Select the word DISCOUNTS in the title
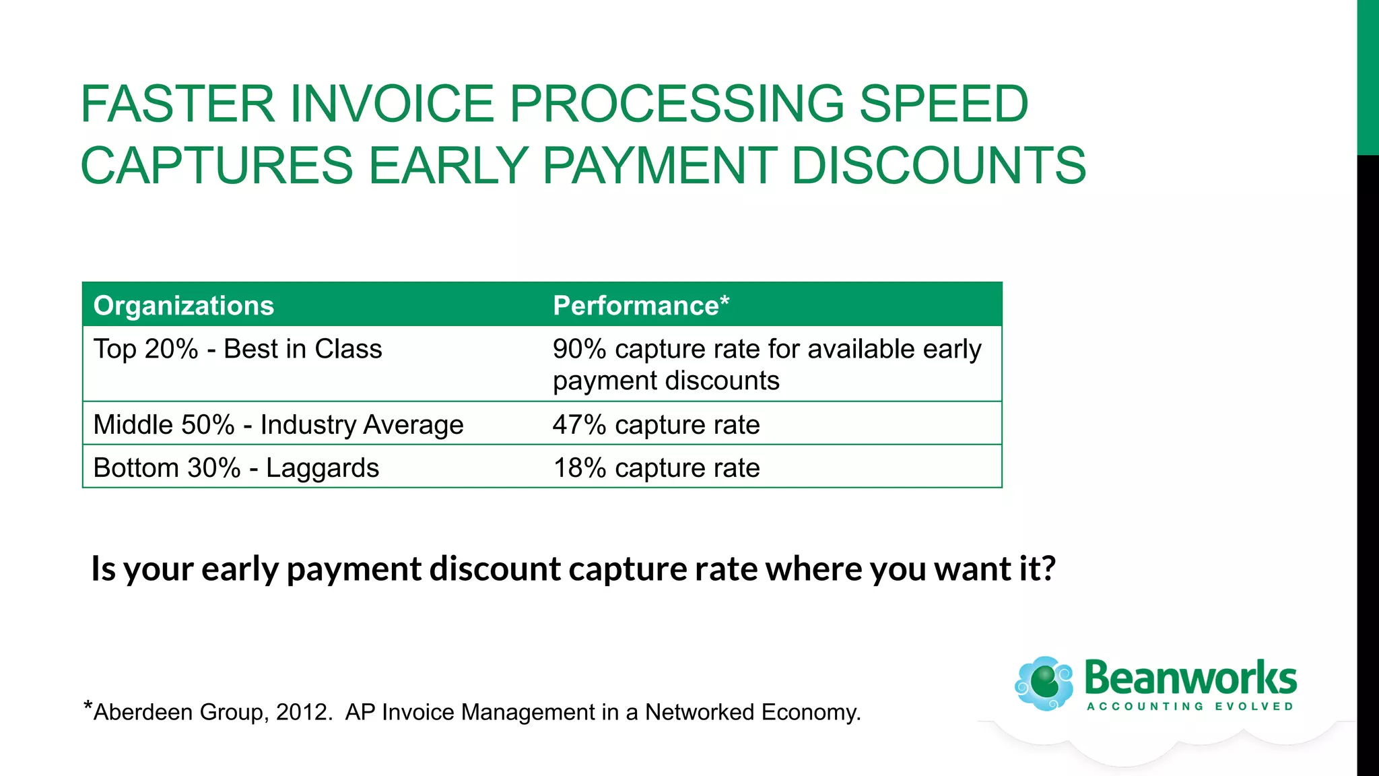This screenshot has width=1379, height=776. pos(939,166)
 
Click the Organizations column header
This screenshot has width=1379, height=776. pos(184,306)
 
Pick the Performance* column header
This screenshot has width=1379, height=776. pos(640,306)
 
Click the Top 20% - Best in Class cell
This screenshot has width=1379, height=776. pos(238,350)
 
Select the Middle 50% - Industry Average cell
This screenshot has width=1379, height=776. pos(278,425)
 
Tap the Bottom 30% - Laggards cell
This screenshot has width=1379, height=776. pos(236,468)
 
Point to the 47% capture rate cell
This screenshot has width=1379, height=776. pos(656,425)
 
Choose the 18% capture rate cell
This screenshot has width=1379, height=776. pos(656,468)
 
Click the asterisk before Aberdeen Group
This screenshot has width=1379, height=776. pos(88,707)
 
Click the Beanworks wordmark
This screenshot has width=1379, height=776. pos(1190,678)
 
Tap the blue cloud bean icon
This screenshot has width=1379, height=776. pos(1044,683)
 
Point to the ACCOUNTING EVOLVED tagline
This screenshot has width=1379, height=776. pos(1190,707)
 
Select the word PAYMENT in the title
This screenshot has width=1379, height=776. pos(659,166)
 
